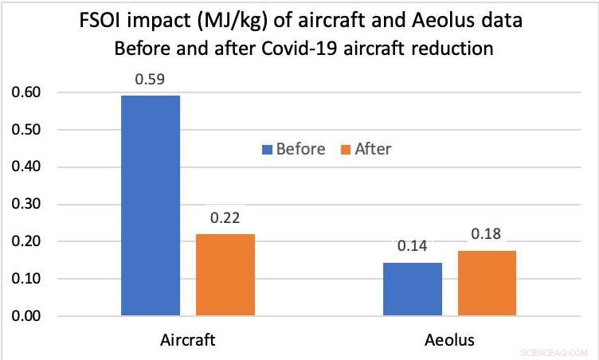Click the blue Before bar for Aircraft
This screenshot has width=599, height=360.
151,205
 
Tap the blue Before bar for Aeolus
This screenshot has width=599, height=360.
413,289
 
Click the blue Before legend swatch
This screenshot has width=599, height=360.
267,149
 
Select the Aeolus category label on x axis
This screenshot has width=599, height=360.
449,339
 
